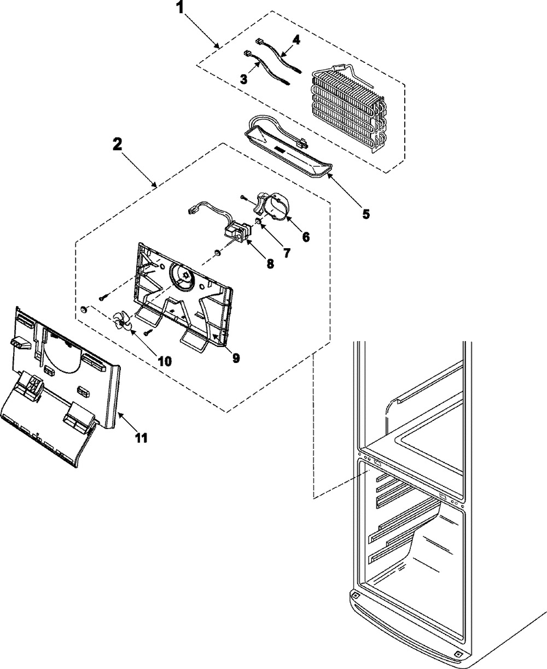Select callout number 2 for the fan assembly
117,145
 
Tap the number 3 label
244,78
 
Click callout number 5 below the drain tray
365,214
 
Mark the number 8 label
270,263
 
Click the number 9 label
236,358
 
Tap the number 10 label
164,361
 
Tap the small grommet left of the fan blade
84,310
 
